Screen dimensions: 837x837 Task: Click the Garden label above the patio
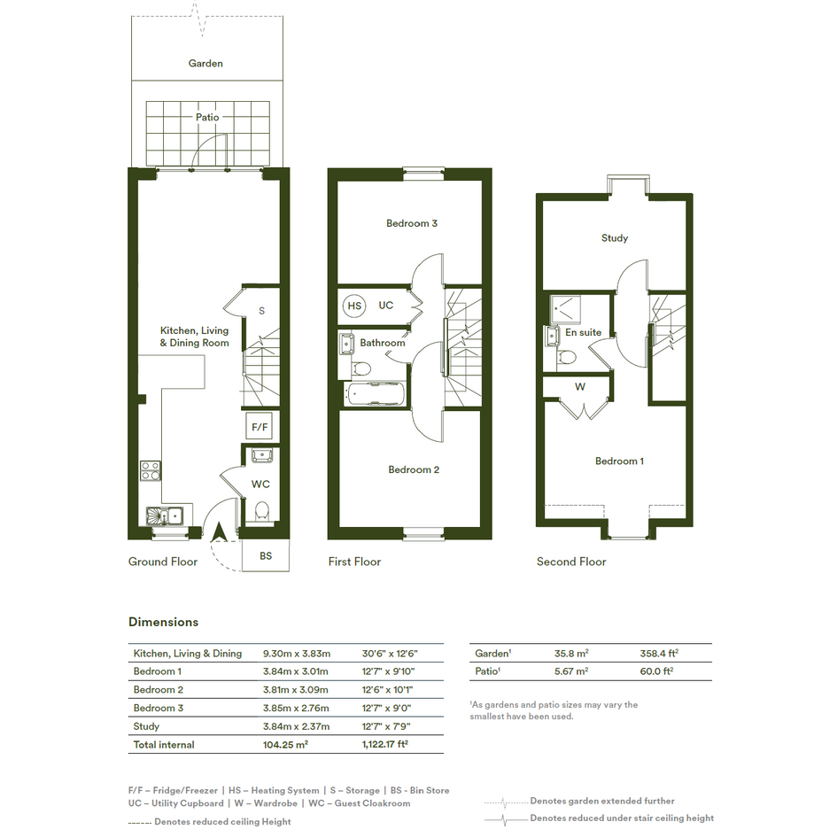point(205,64)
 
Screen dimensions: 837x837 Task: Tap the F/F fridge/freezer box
point(260,427)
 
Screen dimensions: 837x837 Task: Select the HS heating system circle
point(354,306)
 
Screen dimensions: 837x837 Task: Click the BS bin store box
point(266,555)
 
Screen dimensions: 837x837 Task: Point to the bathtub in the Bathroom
point(376,394)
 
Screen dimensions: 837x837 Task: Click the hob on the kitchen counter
point(151,471)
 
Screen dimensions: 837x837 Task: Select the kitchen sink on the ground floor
point(165,516)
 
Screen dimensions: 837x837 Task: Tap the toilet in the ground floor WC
point(261,511)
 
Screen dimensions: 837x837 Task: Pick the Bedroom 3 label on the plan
point(412,223)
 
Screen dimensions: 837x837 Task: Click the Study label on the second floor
point(615,238)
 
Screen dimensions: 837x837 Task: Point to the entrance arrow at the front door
point(219,532)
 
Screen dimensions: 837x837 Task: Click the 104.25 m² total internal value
point(285,744)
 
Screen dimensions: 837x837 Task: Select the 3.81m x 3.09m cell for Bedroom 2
point(295,689)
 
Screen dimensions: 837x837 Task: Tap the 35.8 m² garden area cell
point(571,653)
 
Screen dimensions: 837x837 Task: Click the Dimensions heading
point(163,622)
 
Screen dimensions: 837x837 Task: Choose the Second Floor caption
point(571,562)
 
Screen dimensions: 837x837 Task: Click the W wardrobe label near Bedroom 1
point(580,386)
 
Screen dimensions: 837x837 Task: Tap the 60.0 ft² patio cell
point(656,671)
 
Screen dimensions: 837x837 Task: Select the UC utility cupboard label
point(386,306)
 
